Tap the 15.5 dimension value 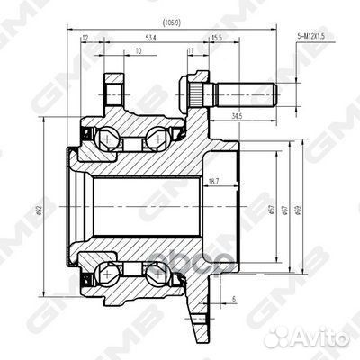(216, 39)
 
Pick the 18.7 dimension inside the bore (213, 183)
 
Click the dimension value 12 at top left (85, 39)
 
